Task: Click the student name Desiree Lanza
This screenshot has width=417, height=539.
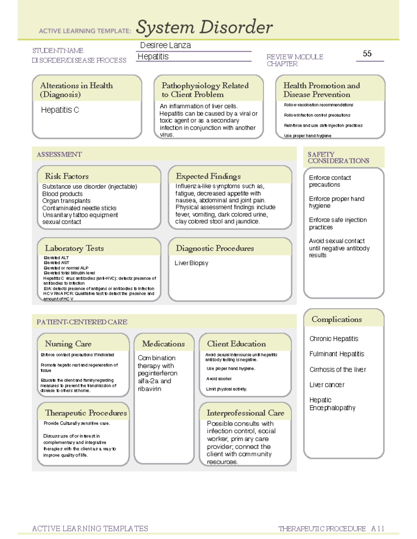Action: (x=165, y=45)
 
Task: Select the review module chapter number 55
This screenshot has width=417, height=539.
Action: (x=367, y=53)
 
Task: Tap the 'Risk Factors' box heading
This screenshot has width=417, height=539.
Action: (x=67, y=176)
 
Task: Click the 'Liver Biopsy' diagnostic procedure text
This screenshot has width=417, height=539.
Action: (x=191, y=263)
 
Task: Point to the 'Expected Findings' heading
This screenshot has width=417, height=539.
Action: (x=208, y=176)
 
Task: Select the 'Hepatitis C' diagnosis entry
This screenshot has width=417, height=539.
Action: (x=60, y=110)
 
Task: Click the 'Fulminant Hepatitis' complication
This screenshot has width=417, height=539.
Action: (x=337, y=354)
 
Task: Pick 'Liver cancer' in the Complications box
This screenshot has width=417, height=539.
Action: (x=327, y=385)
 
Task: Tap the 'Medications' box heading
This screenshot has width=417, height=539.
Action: (x=163, y=344)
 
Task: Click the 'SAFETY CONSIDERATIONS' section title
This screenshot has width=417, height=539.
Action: (x=338, y=158)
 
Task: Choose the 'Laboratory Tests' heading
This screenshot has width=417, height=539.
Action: (x=74, y=248)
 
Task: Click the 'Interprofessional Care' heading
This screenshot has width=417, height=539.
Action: (x=245, y=413)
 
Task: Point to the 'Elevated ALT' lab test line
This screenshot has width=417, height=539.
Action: (x=56, y=258)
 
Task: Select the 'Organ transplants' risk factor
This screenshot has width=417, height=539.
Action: (x=66, y=201)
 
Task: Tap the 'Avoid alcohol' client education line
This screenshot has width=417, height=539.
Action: (x=219, y=379)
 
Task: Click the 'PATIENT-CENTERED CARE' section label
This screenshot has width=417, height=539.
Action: (x=82, y=322)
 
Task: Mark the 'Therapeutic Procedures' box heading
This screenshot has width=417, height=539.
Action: (x=86, y=413)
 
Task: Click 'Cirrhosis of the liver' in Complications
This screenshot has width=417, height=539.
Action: (x=337, y=370)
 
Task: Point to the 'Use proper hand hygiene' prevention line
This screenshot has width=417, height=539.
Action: (x=308, y=136)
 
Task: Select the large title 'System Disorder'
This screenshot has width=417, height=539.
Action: (x=204, y=27)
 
